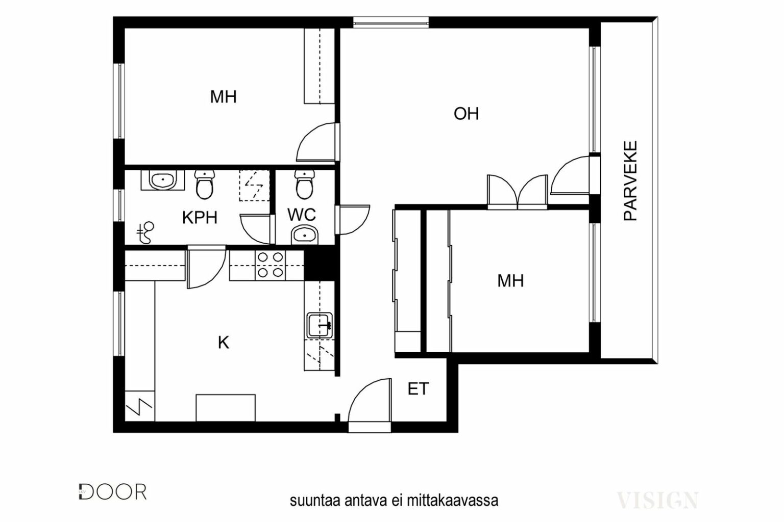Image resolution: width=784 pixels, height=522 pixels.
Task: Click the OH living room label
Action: (466, 114)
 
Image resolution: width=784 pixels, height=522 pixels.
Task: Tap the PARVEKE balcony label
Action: (630, 181)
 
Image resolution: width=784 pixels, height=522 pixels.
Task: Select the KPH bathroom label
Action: (200, 218)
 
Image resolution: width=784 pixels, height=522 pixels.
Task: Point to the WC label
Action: (301, 215)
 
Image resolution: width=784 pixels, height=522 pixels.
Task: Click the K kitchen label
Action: (224, 343)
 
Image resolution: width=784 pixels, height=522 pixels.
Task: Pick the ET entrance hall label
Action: (418, 389)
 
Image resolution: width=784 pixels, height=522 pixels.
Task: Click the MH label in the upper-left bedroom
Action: (223, 97)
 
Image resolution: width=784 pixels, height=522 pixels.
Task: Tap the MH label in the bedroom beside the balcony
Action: (510, 281)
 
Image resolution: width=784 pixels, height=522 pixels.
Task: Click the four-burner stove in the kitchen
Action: (270, 265)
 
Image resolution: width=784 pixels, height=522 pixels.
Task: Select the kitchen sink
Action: (320, 326)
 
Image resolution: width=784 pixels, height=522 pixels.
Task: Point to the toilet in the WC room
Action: (304, 184)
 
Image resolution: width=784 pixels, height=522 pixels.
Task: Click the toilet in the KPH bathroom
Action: (204, 184)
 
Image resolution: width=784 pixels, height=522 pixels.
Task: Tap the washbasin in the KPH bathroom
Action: (163, 180)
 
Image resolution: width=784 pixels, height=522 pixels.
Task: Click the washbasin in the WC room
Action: (305, 235)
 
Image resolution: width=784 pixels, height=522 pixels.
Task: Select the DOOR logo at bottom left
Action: (112, 492)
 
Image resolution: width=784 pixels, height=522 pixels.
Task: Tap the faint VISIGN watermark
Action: (657, 500)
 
